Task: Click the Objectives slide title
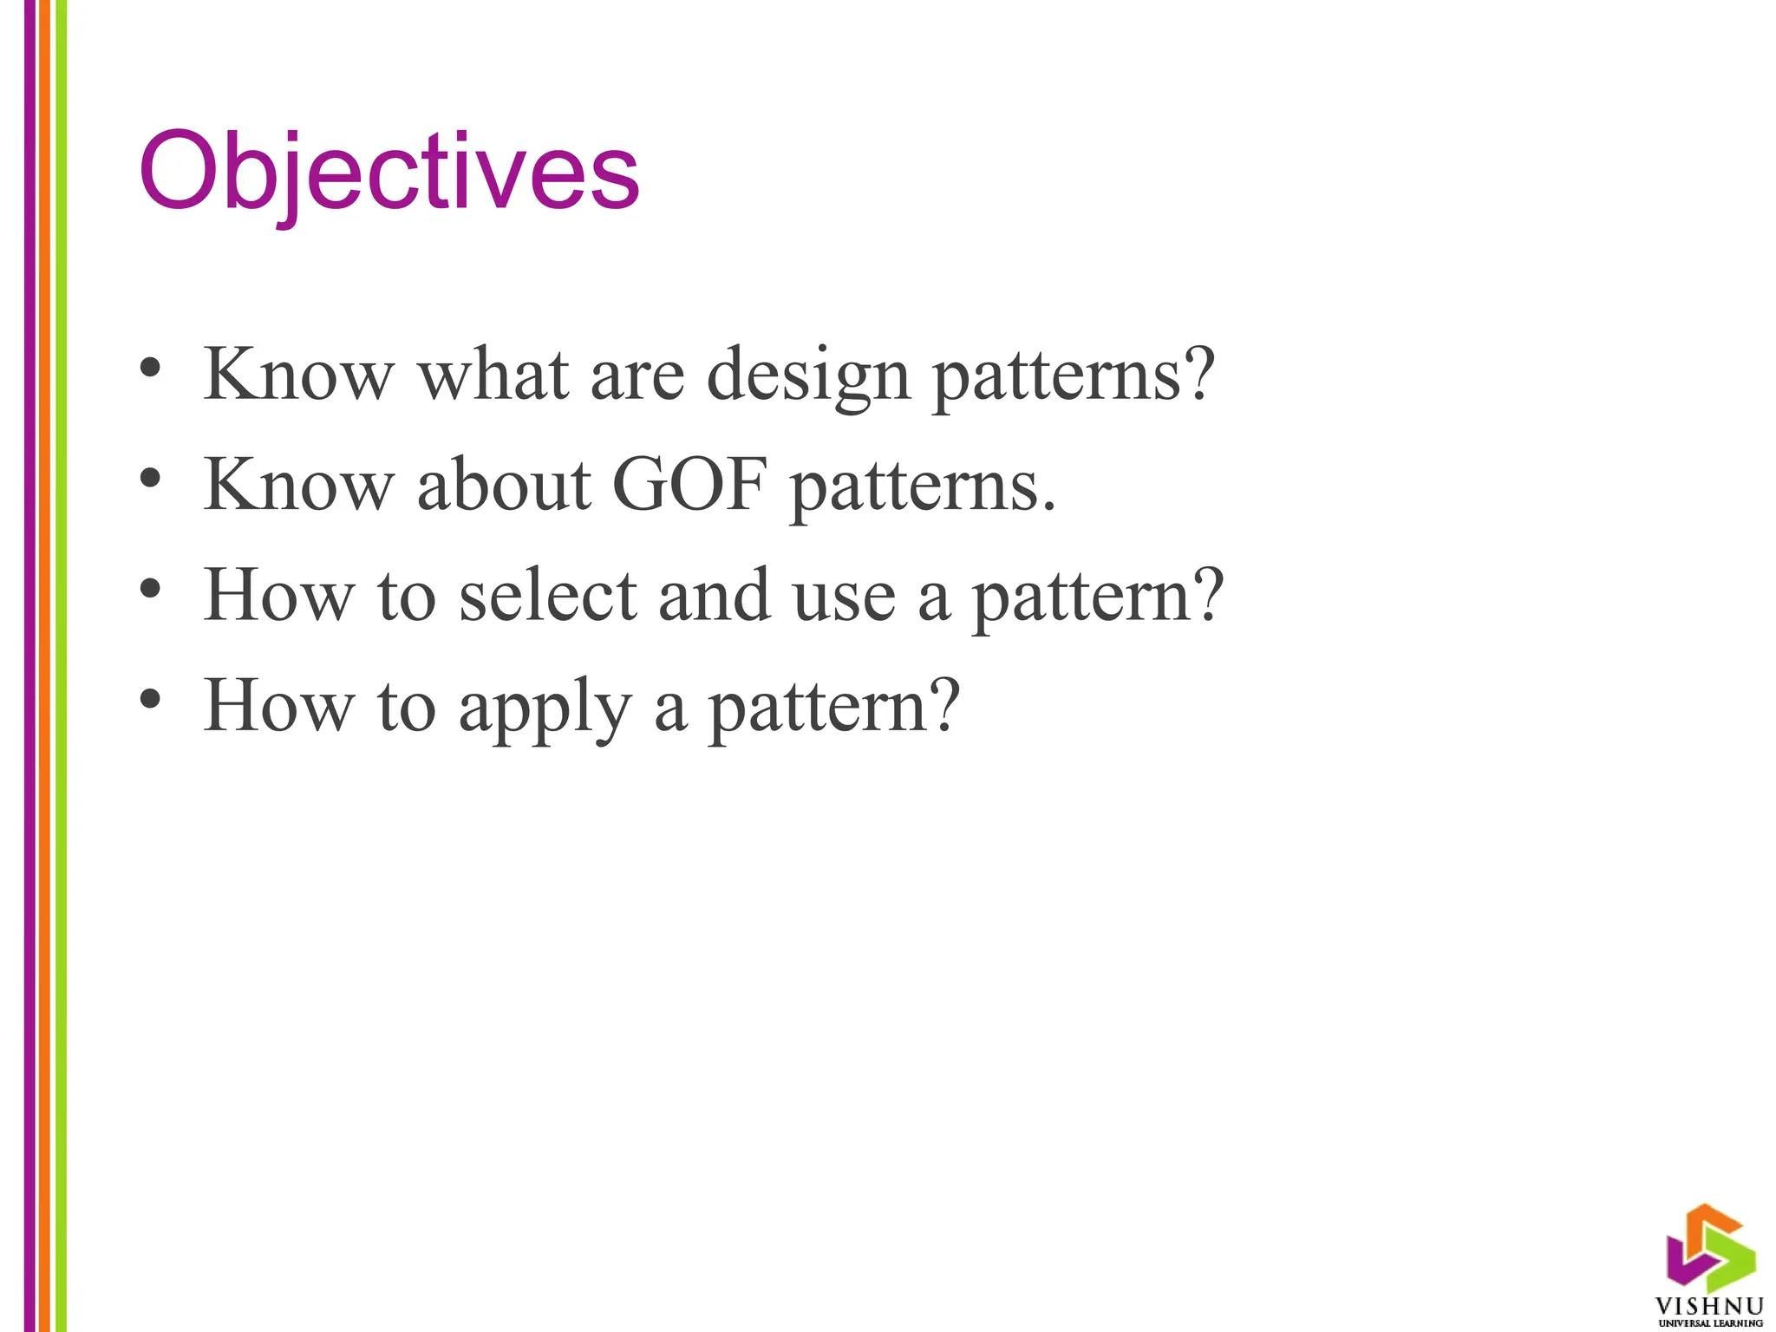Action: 388,172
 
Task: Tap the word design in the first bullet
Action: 808,375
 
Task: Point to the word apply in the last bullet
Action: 545,708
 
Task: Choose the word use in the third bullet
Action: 844,597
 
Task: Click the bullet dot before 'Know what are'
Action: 150,368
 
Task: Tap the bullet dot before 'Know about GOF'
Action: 150,478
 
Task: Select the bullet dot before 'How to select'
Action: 150,589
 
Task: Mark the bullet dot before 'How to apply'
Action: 150,699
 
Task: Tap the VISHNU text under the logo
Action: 1708,1306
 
